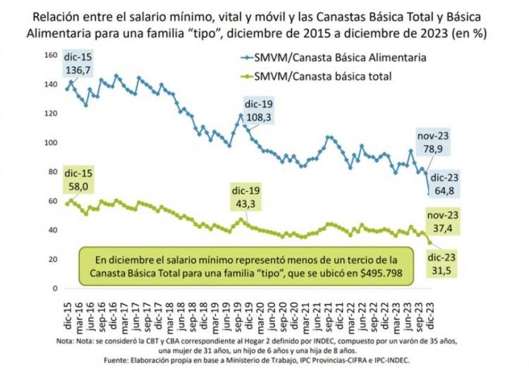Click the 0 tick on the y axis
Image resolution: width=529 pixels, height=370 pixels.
51,288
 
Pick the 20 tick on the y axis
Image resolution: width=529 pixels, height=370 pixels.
49,259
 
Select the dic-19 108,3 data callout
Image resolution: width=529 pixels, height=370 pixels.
257,110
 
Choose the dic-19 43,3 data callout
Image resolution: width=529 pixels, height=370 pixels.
247,197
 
